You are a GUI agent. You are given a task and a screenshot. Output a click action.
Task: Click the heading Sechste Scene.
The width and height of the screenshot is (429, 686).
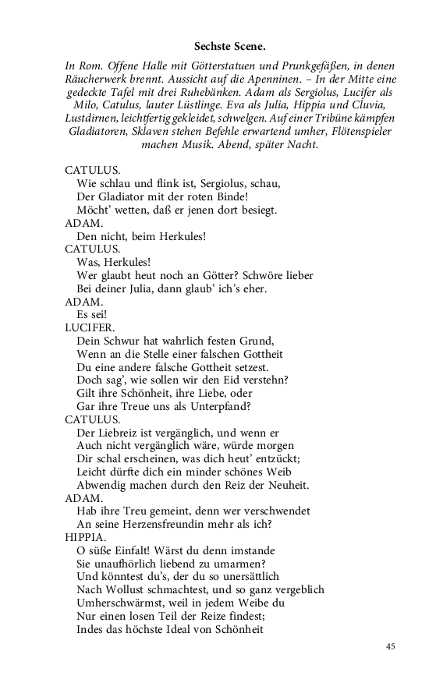point(231,47)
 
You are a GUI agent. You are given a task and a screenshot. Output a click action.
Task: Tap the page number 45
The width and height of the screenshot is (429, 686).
point(392,646)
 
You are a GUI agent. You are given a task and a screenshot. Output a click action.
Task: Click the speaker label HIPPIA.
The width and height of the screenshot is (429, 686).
point(86,537)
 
